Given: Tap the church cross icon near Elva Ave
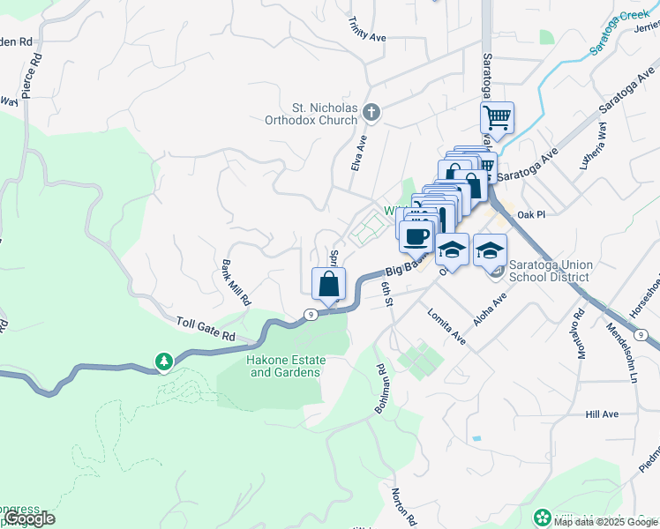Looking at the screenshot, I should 371,112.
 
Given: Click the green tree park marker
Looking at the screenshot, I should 163,361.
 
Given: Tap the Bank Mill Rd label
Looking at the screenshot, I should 236,282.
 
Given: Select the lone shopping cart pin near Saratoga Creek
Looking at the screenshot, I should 497,117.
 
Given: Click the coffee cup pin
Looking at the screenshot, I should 416,235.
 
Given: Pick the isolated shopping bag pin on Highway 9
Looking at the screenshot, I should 328,284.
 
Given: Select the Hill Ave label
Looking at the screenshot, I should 602,414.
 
